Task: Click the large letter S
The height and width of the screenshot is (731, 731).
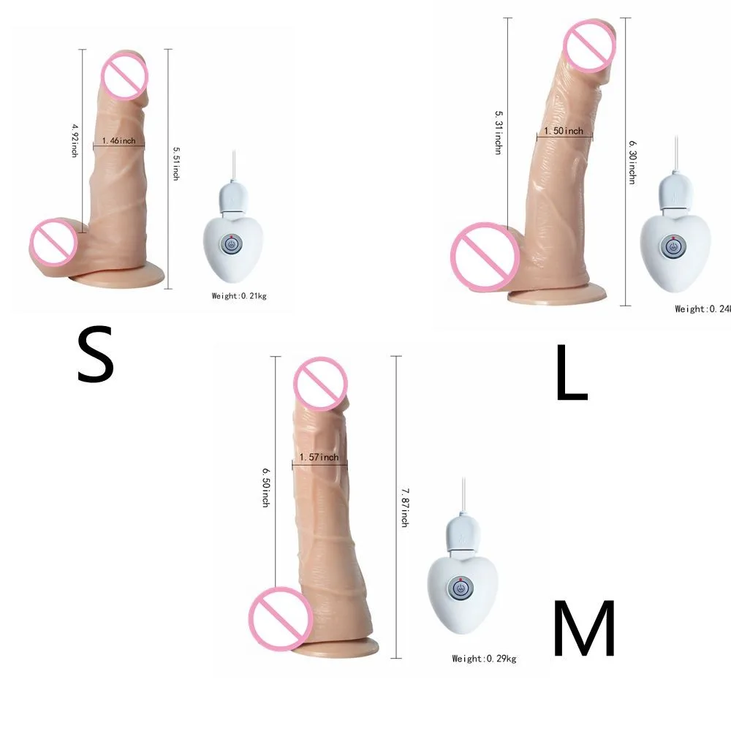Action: pos(96,356)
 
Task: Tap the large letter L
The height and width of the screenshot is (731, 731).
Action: pos(571,374)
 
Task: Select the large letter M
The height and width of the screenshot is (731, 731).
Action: pos(584,629)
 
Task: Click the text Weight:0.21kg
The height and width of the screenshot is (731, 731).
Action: pos(239,296)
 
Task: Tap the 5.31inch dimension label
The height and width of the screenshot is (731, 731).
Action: pos(498,137)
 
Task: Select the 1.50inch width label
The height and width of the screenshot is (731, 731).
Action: pos(564,131)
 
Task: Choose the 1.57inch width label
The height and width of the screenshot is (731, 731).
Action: pos(319,458)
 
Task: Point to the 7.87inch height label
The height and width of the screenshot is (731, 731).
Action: pos(404,509)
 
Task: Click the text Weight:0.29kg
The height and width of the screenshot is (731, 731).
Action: pos(484,659)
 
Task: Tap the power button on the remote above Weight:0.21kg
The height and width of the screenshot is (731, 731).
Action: pos(231,245)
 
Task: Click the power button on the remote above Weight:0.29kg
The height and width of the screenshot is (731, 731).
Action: pos(461,588)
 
